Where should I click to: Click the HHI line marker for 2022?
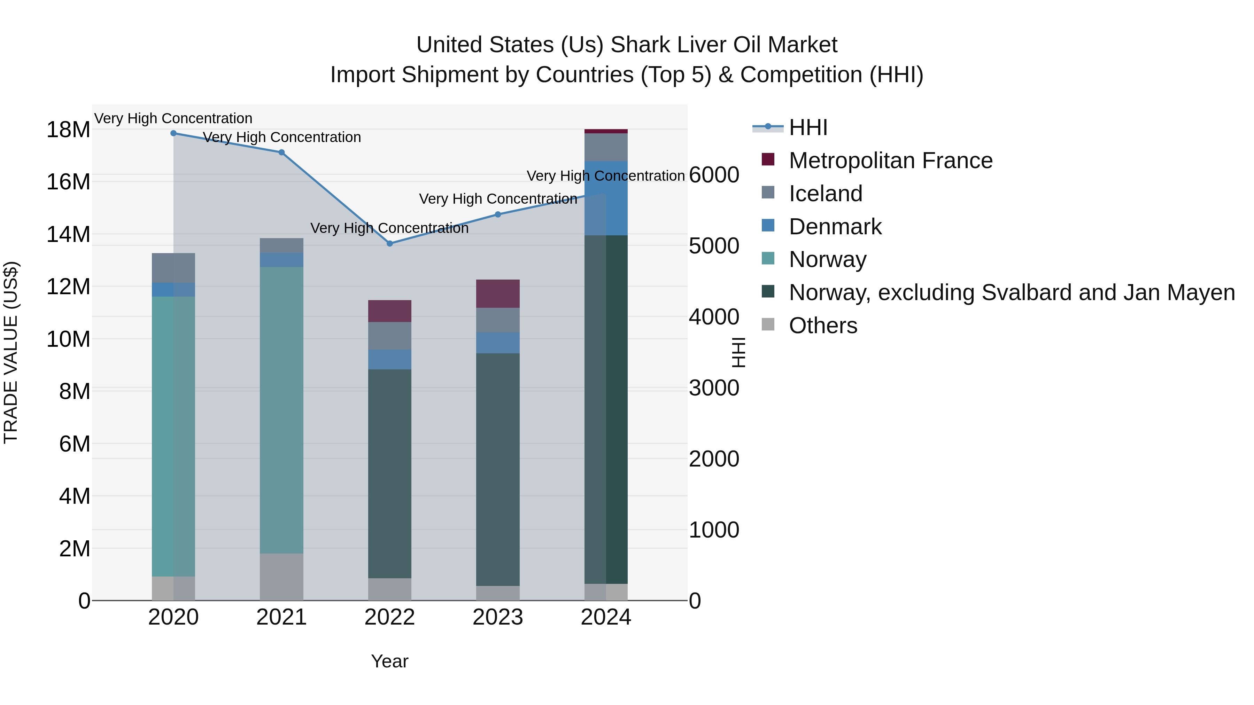389,243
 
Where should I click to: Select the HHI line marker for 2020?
173,133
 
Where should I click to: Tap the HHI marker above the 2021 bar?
281,152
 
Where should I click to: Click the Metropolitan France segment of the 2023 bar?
497,294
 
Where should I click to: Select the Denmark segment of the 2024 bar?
606,198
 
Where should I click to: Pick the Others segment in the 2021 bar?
281,577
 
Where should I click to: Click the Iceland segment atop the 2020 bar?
173,268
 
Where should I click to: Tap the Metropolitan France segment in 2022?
389,311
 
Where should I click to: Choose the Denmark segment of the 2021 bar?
281,260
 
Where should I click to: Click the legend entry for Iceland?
825,194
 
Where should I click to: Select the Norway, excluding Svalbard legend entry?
1012,292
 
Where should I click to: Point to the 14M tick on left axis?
68,235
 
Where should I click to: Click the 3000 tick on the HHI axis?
714,388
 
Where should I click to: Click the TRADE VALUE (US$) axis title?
11,352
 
